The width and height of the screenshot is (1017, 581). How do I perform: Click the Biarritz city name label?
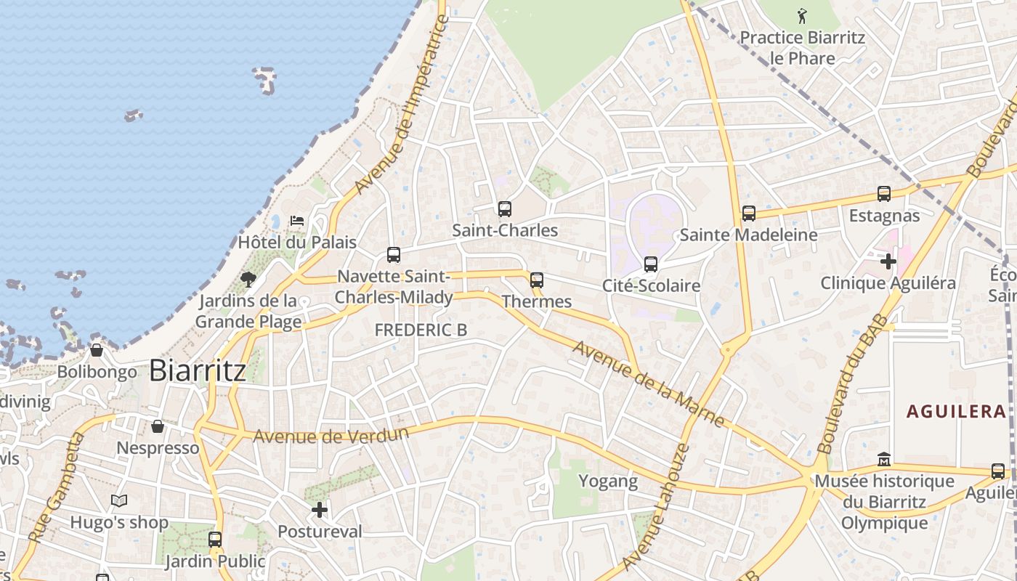[x=198, y=370]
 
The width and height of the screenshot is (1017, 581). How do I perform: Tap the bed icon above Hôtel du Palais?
[x=296, y=220]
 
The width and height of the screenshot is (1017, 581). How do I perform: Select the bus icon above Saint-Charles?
[x=505, y=209]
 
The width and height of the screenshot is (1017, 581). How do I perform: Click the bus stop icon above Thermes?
[x=537, y=280]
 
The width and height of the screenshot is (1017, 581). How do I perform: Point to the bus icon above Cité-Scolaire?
[x=651, y=264]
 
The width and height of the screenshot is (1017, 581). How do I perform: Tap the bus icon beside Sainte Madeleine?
[x=749, y=214]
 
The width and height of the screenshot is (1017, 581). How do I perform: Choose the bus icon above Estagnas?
[x=884, y=194]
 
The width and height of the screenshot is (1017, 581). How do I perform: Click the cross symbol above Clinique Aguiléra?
[x=888, y=261]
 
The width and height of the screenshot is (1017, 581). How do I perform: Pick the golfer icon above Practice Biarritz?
[x=802, y=16]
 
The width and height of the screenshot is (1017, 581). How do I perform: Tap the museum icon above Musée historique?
[x=884, y=460]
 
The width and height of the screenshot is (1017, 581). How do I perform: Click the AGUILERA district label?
[x=956, y=412]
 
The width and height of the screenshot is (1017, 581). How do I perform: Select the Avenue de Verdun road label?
[x=331, y=435]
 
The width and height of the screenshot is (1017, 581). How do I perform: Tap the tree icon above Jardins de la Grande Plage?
[x=248, y=279]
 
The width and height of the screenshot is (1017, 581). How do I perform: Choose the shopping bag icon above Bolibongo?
[x=97, y=351]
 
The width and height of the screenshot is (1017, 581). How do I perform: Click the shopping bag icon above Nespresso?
[x=158, y=426]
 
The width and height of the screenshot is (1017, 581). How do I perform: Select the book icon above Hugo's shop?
[x=119, y=501]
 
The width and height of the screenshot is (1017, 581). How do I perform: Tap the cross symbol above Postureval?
[x=319, y=510]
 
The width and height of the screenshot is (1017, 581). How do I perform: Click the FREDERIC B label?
[x=421, y=330]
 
